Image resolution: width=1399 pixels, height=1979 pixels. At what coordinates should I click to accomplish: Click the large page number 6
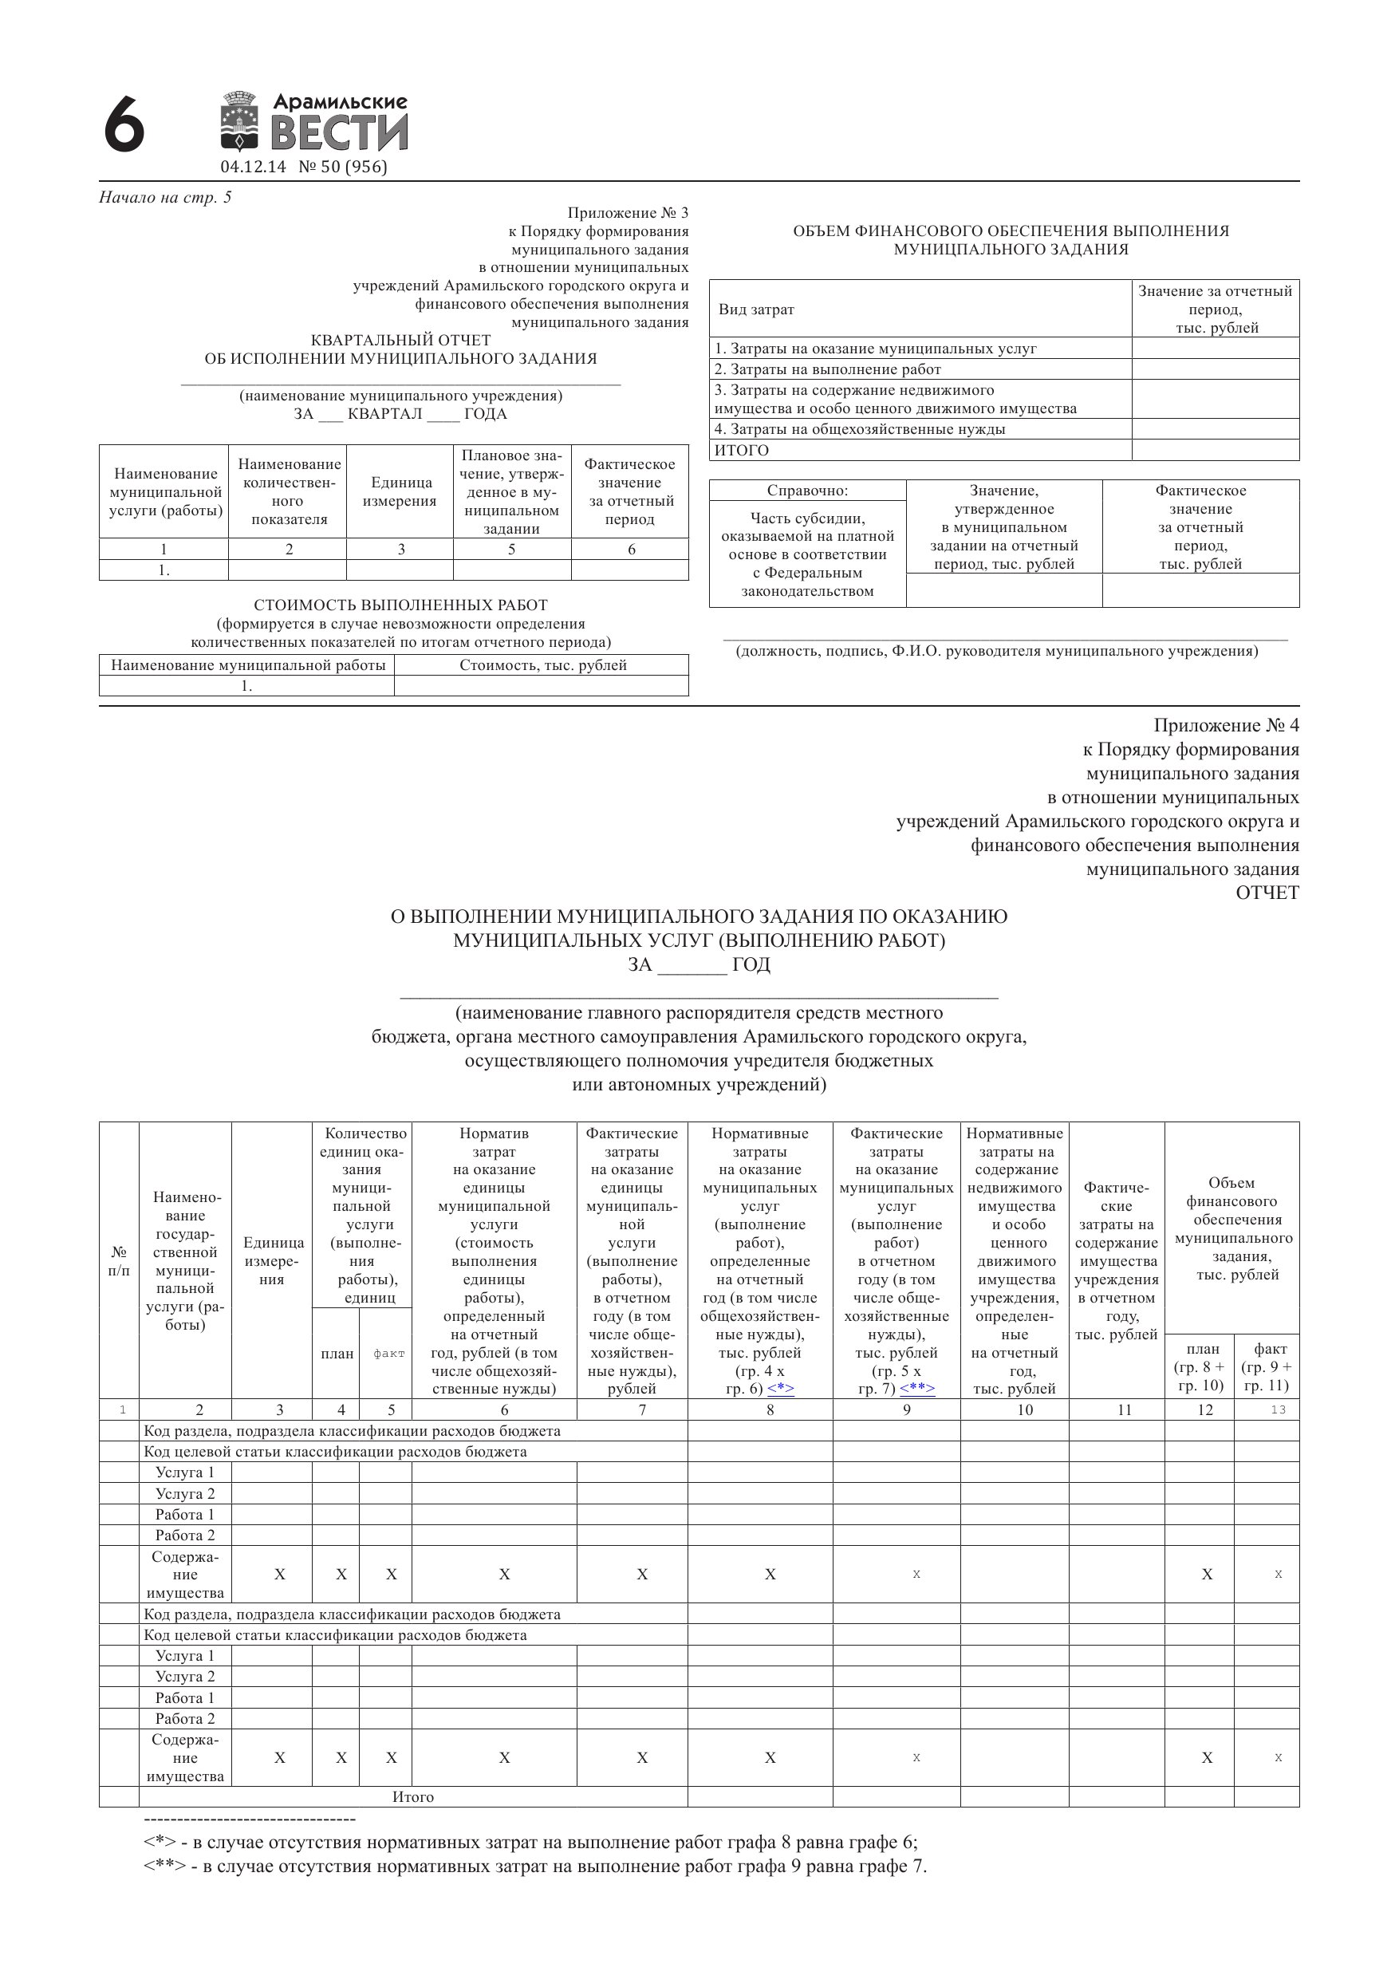pyautogui.click(x=124, y=126)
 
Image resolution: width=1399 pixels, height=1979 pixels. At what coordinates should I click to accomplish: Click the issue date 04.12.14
pyautogui.click(x=253, y=168)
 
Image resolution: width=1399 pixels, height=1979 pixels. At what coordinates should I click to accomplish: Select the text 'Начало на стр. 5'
pyautogui.click(x=165, y=197)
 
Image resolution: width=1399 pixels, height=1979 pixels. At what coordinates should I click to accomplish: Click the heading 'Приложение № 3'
pyautogui.click(x=628, y=213)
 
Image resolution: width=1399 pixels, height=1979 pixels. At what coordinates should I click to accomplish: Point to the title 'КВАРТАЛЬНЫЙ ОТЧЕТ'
pyautogui.click(x=401, y=341)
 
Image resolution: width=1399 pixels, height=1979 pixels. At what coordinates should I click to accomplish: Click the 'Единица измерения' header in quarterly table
pyautogui.click(x=400, y=491)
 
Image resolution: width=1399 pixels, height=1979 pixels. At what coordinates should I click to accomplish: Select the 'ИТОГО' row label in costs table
pyautogui.click(x=741, y=450)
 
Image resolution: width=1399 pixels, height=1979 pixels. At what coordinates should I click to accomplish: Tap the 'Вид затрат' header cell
pyautogui.click(x=756, y=309)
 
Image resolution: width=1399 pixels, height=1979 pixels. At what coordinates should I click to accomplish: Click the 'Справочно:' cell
pyautogui.click(x=807, y=491)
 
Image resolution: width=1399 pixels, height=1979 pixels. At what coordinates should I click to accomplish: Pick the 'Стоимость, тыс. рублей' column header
pyautogui.click(x=542, y=665)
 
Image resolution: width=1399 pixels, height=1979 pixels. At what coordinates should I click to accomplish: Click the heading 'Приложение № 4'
pyautogui.click(x=1226, y=726)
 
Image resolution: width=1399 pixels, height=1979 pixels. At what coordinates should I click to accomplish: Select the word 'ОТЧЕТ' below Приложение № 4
pyautogui.click(x=1267, y=893)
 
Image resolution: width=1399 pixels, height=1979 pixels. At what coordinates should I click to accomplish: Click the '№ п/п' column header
pyautogui.click(x=119, y=1261)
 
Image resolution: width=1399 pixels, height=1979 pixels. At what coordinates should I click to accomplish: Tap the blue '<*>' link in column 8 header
pyautogui.click(x=780, y=1389)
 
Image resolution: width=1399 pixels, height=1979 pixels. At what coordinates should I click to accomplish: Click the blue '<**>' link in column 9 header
pyautogui.click(x=916, y=1389)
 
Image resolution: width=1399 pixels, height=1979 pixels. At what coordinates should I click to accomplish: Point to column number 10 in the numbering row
pyautogui.click(x=1024, y=1410)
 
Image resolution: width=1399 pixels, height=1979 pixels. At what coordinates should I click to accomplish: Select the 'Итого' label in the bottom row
pyautogui.click(x=413, y=1797)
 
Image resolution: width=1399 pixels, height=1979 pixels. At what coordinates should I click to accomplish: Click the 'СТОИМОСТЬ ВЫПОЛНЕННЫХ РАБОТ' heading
pyautogui.click(x=401, y=605)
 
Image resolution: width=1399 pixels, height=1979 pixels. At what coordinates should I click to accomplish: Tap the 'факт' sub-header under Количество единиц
pyautogui.click(x=388, y=1354)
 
